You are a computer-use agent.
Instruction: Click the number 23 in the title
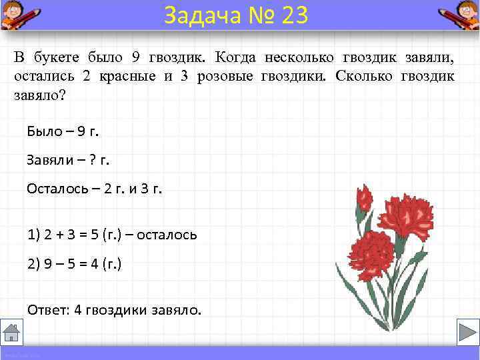(295, 15)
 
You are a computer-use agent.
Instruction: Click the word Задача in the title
(196, 15)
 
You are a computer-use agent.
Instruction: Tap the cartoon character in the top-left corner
(17, 15)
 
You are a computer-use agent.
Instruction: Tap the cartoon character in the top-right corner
(461, 15)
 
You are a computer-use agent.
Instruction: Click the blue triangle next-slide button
(464, 331)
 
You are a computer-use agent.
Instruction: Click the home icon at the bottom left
(12, 331)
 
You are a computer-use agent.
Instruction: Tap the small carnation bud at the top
(364, 198)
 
